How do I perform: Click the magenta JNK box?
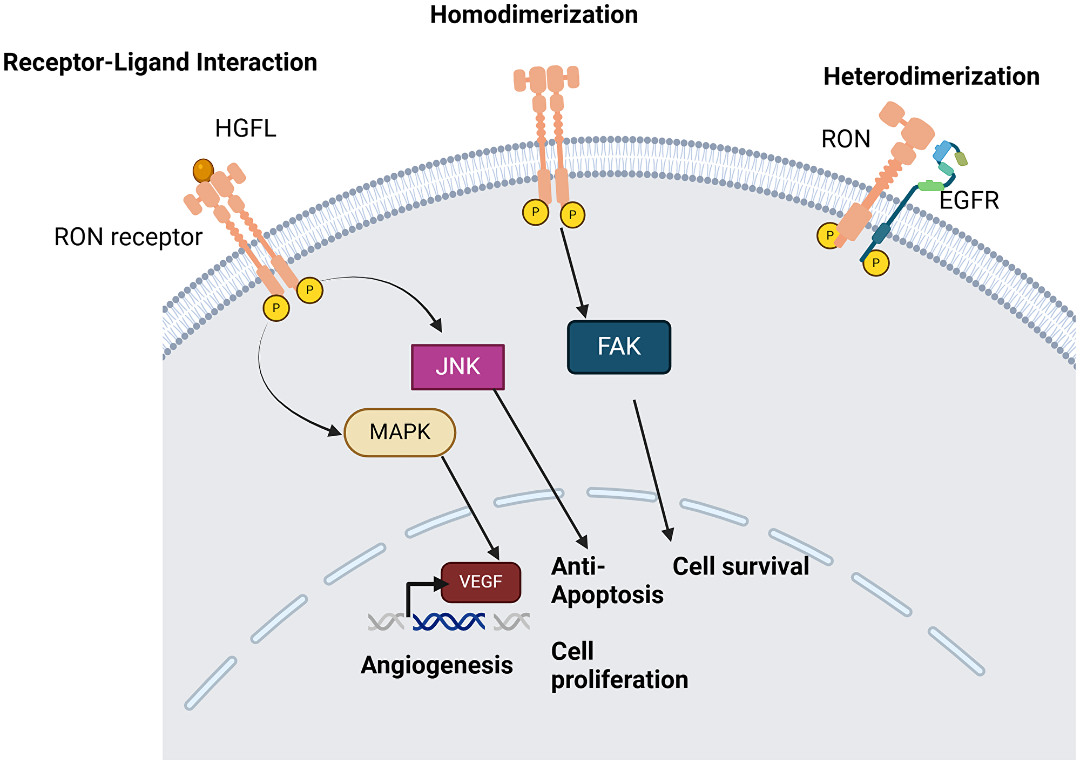pyautogui.click(x=457, y=367)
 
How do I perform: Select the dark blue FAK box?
pyautogui.click(x=619, y=347)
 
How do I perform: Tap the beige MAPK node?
pyautogui.click(x=400, y=432)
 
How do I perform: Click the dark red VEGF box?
pyautogui.click(x=481, y=582)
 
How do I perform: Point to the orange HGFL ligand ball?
pyautogui.click(x=203, y=171)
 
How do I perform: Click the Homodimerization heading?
pyautogui.click(x=534, y=15)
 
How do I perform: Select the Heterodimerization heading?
pyautogui.click(x=931, y=77)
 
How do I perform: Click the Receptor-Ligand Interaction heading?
pyautogui.click(x=160, y=63)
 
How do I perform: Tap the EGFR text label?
pyautogui.click(x=969, y=201)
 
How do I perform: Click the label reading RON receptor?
pyautogui.click(x=128, y=237)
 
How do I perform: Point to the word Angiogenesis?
pyautogui.click(x=436, y=665)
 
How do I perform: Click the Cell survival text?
pyautogui.click(x=740, y=567)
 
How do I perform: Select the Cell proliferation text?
pyautogui.click(x=619, y=666)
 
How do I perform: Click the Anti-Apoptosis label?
pyautogui.click(x=606, y=581)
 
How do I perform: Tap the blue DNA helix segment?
pyautogui.click(x=449, y=621)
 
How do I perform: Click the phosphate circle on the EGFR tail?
pyautogui.click(x=875, y=263)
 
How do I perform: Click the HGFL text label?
pyautogui.click(x=245, y=129)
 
